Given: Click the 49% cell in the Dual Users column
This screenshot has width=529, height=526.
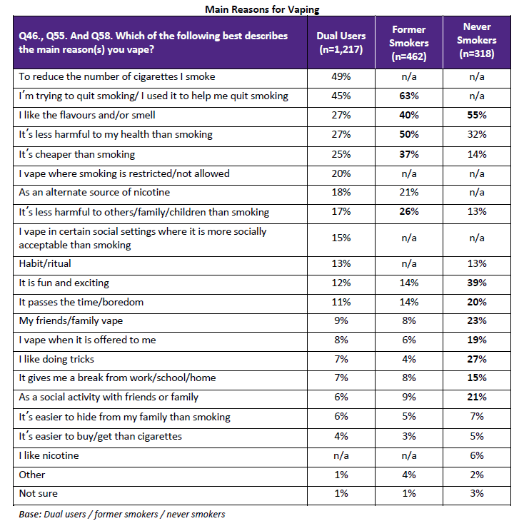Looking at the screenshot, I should click(341, 76).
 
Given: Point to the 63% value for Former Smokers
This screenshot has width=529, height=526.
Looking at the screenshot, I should click(408, 96).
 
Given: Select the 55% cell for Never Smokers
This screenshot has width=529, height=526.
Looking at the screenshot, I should click(476, 115).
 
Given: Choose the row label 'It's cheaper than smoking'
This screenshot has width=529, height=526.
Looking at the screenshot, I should click(77, 154).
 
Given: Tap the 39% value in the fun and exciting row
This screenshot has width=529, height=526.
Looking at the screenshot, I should click(476, 282).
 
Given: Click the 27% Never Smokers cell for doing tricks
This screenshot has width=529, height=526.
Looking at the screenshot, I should click(476, 359).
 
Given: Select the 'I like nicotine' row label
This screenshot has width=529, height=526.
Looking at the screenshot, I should click(49, 455).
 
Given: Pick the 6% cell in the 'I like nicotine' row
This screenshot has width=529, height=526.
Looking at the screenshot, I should click(476, 455).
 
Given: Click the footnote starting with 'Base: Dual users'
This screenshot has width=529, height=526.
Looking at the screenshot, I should click(121, 514).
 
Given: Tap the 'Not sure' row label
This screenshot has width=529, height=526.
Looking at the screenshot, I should click(39, 494).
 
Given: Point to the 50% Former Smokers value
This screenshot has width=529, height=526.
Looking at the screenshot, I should click(408, 134).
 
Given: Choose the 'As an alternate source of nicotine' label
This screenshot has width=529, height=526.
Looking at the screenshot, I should click(95, 193).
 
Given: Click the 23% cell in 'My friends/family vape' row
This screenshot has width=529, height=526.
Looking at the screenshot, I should click(476, 320).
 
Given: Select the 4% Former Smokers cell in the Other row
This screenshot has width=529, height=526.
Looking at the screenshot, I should click(408, 475).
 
